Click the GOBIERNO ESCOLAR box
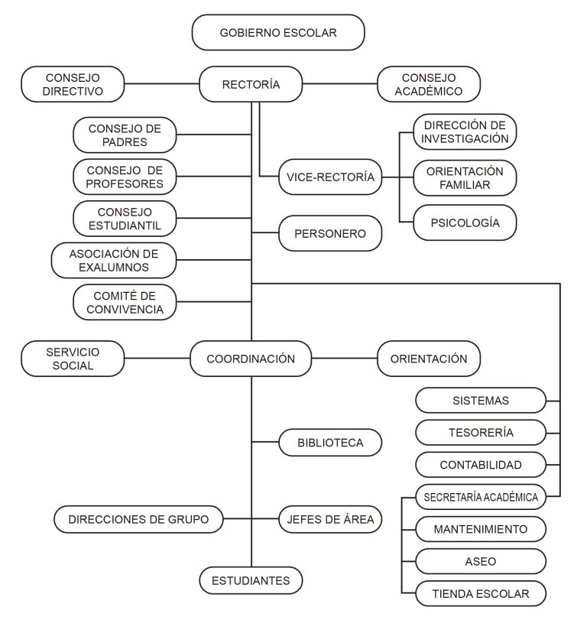[x=278, y=33]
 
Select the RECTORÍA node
[x=251, y=84]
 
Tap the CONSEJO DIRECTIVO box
[x=73, y=84]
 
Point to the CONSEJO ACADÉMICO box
[x=429, y=84]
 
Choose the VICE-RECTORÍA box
[x=330, y=177]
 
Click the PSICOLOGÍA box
[x=465, y=222]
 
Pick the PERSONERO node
[x=330, y=233]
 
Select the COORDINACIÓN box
[x=251, y=359]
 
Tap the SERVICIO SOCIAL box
[x=73, y=359]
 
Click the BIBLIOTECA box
[x=330, y=443]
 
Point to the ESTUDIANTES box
[x=251, y=580]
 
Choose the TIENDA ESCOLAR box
[x=481, y=593]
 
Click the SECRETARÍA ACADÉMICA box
[x=481, y=497]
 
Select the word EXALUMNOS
[x=114, y=267]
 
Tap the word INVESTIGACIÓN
[x=465, y=138]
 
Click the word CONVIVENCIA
[x=125, y=310]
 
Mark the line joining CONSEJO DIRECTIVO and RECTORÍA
[x=162, y=84]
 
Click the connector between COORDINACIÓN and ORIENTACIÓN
[x=344, y=359]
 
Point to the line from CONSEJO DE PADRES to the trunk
[x=214, y=135]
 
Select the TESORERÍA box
[x=481, y=433]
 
